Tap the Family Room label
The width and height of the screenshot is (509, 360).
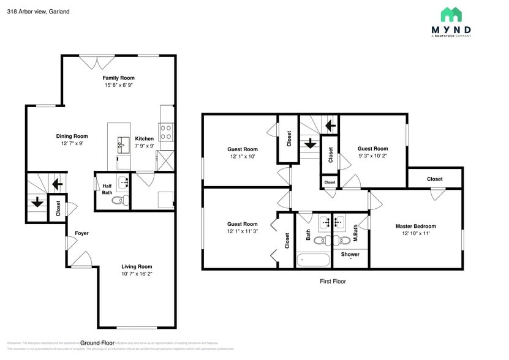click(118, 78)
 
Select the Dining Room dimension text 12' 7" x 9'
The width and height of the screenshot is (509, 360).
click(72, 143)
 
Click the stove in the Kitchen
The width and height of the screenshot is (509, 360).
click(165, 132)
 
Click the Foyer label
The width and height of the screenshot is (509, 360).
click(81, 233)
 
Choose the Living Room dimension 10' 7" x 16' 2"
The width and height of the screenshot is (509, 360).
click(136, 274)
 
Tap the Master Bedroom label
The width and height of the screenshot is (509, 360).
click(415, 226)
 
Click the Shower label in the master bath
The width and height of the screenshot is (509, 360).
click(350, 254)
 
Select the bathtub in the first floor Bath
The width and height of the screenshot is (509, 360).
click(313, 260)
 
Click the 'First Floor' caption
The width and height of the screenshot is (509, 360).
click(333, 282)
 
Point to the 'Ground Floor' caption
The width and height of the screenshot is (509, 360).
click(98, 343)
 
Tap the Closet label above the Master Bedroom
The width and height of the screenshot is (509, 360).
click(435, 179)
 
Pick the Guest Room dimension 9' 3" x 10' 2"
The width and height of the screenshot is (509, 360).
click(372, 156)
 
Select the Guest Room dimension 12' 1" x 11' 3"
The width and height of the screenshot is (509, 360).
click(242, 231)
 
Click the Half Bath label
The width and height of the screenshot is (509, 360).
click(107, 189)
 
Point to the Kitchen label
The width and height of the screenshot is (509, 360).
click(145, 138)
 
